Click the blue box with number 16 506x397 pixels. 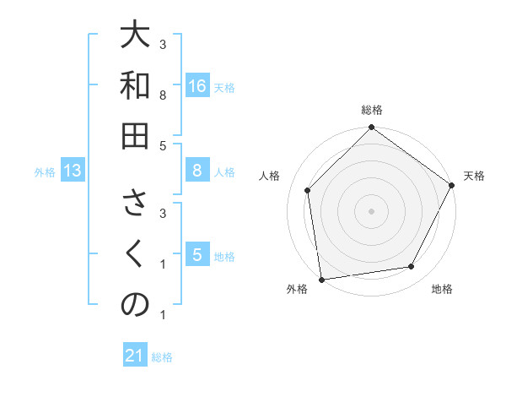tap(196, 86)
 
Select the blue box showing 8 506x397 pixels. tap(196, 171)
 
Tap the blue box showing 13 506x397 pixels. tap(72, 171)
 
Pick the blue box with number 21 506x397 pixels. tap(135, 356)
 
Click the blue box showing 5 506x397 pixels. tap(196, 255)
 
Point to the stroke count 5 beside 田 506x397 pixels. tap(163, 145)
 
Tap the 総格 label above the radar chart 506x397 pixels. tap(371, 111)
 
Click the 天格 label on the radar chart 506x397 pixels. tap(474, 176)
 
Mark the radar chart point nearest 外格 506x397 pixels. tap(321, 279)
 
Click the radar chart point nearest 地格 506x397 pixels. tap(412, 267)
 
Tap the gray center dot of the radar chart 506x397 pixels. tap(371, 210)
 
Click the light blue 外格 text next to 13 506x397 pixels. tap(45, 172)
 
